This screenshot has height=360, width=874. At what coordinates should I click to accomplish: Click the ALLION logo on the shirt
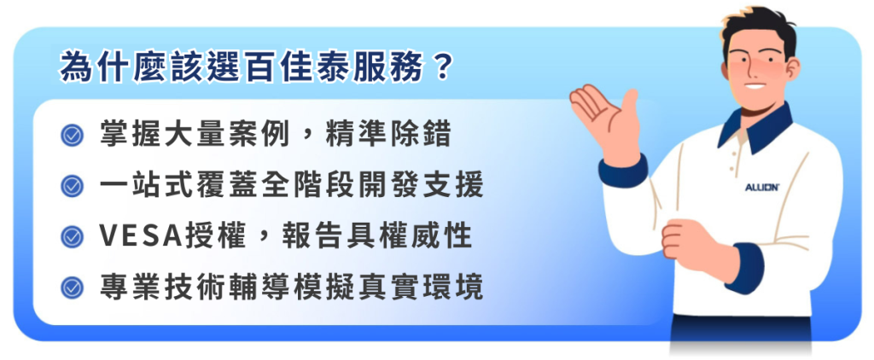click(x=762, y=187)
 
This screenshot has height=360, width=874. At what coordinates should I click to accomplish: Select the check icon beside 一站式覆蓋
click(x=72, y=186)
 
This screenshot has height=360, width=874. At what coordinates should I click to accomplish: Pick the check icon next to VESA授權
click(x=72, y=236)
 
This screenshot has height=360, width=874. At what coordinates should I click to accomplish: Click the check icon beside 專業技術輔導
click(x=72, y=287)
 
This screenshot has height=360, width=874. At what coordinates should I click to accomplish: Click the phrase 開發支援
click(x=420, y=186)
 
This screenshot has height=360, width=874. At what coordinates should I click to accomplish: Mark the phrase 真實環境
click(x=420, y=287)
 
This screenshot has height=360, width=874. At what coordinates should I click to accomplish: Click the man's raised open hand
click(x=606, y=119)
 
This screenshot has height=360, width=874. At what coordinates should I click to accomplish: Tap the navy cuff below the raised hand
click(x=622, y=171)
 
